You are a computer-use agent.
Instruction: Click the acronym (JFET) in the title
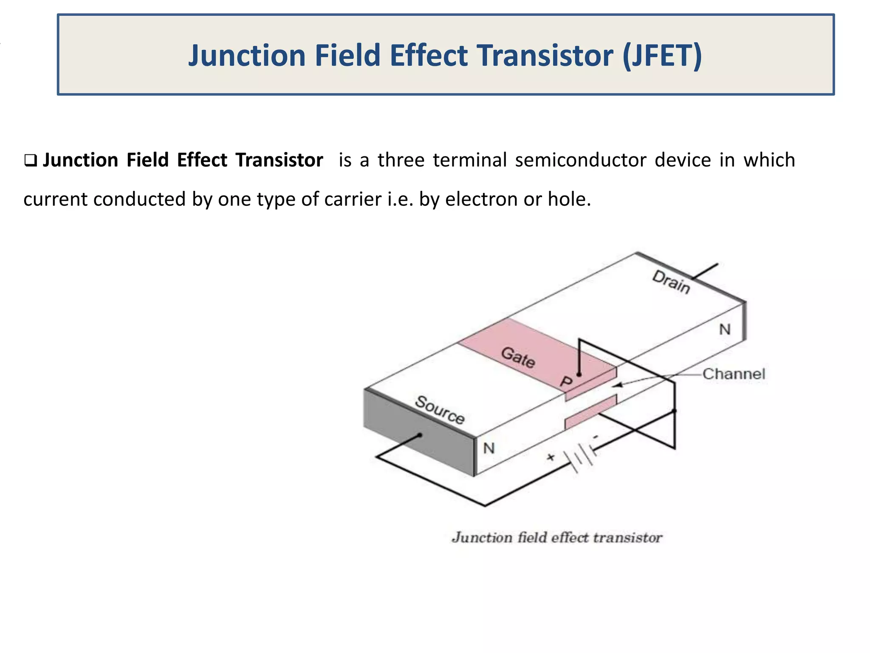click(x=662, y=56)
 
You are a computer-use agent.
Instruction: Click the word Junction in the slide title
click(x=247, y=56)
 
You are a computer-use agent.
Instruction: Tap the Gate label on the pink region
click(x=518, y=357)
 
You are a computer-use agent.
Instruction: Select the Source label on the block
click(x=440, y=410)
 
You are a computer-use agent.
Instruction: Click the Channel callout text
click(x=734, y=374)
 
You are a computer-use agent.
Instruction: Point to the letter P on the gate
click(x=566, y=381)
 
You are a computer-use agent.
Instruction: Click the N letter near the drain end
click(x=725, y=329)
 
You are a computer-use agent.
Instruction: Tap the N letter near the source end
click(x=489, y=448)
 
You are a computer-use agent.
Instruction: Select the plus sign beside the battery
click(x=551, y=457)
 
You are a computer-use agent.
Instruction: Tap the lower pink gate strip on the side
click(x=590, y=412)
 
